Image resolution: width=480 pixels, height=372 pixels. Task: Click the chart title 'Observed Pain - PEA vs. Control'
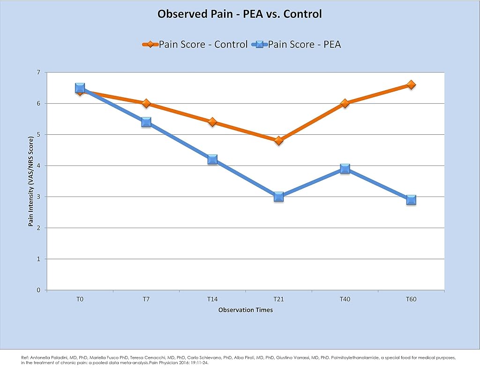click(x=240, y=14)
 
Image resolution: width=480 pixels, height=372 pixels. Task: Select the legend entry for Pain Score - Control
click(x=195, y=45)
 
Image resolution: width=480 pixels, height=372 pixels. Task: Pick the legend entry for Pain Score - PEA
click(x=296, y=45)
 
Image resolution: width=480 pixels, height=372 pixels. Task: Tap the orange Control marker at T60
click(x=411, y=85)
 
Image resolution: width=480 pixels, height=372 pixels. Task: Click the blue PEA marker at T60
click(x=411, y=200)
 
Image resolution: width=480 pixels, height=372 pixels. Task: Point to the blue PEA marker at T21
click(x=278, y=197)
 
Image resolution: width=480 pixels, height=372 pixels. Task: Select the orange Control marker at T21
click(x=278, y=141)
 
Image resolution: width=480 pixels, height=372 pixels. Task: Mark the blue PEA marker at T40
click(x=345, y=169)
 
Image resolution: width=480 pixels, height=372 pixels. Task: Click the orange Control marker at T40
click(x=345, y=103)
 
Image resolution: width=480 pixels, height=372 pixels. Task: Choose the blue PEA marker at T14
click(x=212, y=160)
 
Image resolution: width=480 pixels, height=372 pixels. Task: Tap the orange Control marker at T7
click(x=146, y=103)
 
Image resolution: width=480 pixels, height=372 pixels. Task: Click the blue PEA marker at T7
click(x=146, y=122)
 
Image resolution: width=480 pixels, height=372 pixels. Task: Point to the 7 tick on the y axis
click(x=38, y=72)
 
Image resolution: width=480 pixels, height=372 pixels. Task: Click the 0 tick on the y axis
click(x=38, y=290)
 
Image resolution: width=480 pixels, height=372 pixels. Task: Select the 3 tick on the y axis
click(x=38, y=197)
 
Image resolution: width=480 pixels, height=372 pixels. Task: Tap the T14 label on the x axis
click(x=212, y=299)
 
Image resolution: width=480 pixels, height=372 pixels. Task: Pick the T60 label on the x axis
click(x=411, y=299)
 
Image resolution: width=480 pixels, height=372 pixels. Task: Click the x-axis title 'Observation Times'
click(x=246, y=310)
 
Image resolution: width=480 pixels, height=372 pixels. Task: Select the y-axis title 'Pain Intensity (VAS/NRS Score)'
click(x=30, y=182)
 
